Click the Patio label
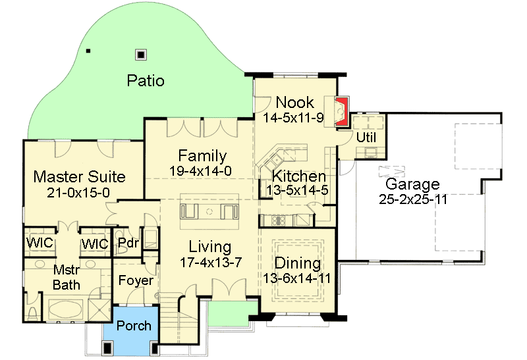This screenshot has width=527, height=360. (x=146, y=81)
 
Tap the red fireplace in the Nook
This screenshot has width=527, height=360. (x=341, y=111)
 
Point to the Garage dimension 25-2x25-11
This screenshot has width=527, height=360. (x=413, y=199)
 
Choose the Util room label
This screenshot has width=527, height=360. (x=366, y=138)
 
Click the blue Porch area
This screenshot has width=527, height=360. (x=134, y=326)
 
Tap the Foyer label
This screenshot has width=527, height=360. (x=136, y=280)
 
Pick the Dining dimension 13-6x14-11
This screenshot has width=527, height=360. (x=297, y=278)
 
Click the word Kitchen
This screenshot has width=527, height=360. (x=299, y=176)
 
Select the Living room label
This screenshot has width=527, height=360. (x=209, y=247)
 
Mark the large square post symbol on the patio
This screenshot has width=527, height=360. (x=140, y=55)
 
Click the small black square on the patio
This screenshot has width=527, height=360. (x=88, y=51)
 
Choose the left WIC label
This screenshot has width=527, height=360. (x=40, y=244)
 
